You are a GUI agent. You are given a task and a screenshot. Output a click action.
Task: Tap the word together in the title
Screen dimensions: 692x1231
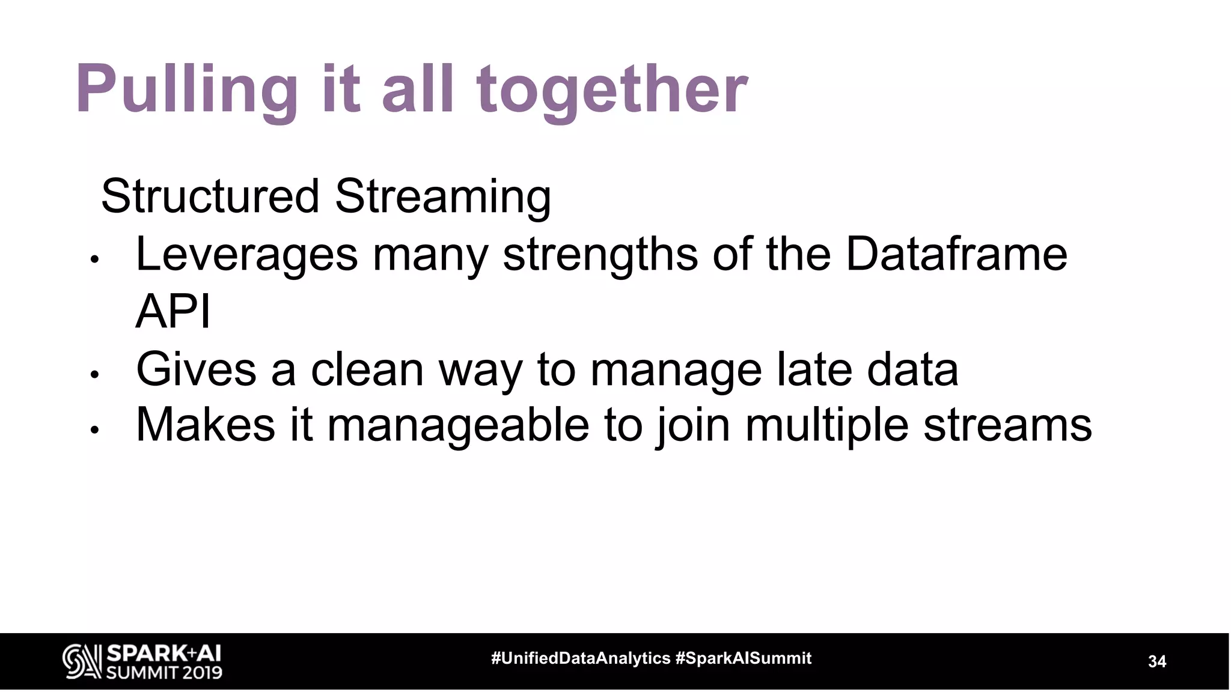(x=612, y=90)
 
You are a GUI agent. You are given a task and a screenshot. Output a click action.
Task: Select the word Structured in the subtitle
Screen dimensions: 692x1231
(x=210, y=196)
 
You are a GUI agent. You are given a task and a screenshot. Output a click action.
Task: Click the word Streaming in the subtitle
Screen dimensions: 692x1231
(x=442, y=196)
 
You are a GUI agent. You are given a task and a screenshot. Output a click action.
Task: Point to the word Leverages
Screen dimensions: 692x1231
(x=246, y=254)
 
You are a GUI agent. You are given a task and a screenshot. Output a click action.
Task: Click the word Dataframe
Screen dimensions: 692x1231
(x=956, y=254)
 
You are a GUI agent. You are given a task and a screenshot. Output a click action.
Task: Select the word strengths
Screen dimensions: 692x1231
(x=600, y=254)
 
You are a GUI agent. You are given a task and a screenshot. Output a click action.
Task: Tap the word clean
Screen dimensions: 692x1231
(x=367, y=369)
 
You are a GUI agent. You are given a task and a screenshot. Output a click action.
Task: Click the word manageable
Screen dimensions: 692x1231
(x=457, y=425)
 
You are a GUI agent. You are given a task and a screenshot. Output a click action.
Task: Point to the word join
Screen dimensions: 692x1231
(x=692, y=425)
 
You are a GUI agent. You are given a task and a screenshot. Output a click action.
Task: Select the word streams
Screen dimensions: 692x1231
(x=1007, y=425)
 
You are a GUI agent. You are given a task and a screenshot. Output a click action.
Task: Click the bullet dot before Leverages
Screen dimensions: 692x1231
(x=94, y=260)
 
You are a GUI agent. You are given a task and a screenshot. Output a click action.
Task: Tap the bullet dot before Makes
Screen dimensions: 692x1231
(x=94, y=431)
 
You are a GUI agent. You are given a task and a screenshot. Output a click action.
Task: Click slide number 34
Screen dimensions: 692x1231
(x=1156, y=661)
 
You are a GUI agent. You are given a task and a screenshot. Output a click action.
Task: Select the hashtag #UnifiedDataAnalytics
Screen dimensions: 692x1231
(x=581, y=658)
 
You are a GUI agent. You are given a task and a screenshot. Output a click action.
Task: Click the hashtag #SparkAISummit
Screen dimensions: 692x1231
(x=744, y=658)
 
